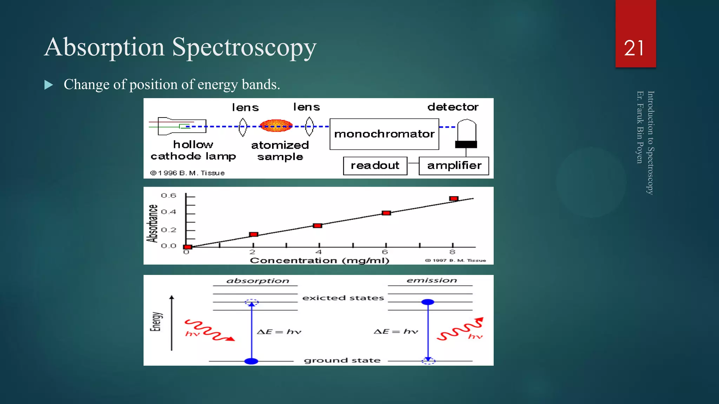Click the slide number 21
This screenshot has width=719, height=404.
[634, 48]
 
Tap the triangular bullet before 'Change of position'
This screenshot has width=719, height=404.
[49, 85]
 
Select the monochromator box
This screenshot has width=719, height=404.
[384, 134]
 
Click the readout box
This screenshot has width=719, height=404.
[375, 166]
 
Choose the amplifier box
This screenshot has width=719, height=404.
[454, 166]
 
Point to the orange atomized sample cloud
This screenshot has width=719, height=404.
[276, 126]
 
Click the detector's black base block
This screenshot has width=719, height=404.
[466, 144]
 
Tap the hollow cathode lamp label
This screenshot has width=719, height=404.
[193, 150]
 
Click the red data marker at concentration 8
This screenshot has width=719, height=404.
[454, 198]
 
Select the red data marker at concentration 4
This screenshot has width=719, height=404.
[317, 225]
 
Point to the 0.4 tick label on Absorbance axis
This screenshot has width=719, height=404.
[169, 212]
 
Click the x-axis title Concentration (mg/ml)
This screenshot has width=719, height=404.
[319, 260]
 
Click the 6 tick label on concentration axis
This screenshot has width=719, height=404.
[385, 252]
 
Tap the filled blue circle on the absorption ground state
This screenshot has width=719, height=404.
[251, 361]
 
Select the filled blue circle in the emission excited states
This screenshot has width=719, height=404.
[428, 302]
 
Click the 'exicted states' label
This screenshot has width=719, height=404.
[343, 298]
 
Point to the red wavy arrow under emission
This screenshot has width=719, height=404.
[460, 330]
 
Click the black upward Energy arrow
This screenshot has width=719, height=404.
[172, 323]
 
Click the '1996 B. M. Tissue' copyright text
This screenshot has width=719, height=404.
[188, 173]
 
